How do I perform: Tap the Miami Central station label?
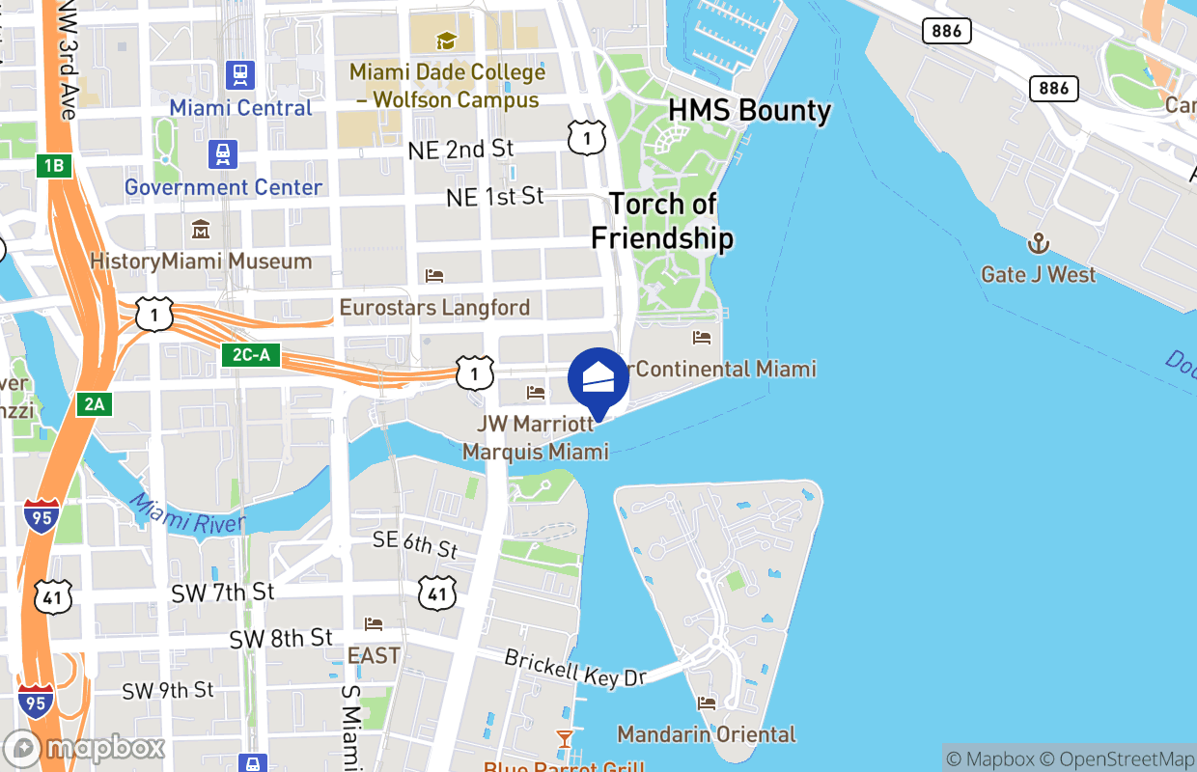pyautogui.click(x=241, y=107)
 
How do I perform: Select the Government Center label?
pyautogui.click(x=223, y=187)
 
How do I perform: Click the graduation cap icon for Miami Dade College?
pyautogui.click(x=445, y=41)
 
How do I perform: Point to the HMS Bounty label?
pyautogui.click(x=749, y=111)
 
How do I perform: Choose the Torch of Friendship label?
pyautogui.click(x=662, y=221)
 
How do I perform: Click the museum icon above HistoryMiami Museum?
pyautogui.click(x=201, y=230)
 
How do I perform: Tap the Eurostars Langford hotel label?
pyautogui.click(x=434, y=308)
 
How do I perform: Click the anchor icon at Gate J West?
pyautogui.click(x=1039, y=242)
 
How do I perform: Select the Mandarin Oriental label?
pyautogui.click(x=707, y=734)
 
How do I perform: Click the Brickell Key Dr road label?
pyautogui.click(x=574, y=668)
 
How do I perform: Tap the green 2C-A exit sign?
pyautogui.click(x=251, y=355)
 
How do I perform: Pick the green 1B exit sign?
pyautogui.click(x=54, y=166)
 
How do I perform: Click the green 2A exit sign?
pyautogui.click(x=94, y=404)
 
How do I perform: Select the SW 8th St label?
pyautogui.click(x=281, y=639)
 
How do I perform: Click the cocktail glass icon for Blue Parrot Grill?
pyautogui.click(x=564, y=739)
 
